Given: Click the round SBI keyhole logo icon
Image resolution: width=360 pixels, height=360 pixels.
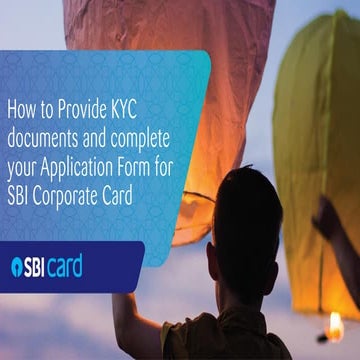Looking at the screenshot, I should [x=18, y=266].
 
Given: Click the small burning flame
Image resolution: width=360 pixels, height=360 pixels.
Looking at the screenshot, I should [x=336, y=325].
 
